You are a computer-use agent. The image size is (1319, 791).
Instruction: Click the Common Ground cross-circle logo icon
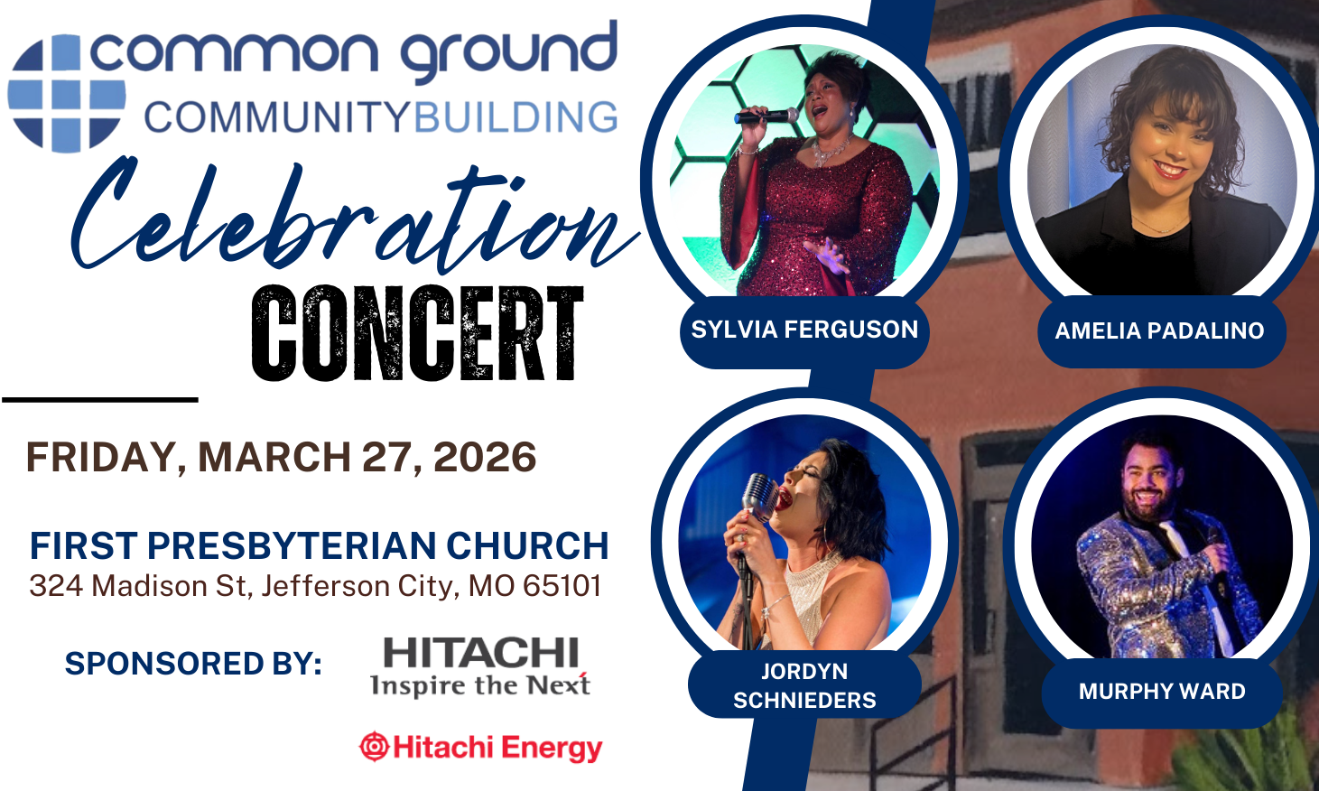coord(67,94)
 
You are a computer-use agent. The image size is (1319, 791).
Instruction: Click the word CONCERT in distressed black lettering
coord(417,333)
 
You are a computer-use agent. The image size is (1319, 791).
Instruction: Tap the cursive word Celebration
coord(353,215)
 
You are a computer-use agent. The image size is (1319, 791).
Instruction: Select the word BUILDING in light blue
coord(516,117)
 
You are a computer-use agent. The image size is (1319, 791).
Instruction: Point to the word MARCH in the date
coord(274,457)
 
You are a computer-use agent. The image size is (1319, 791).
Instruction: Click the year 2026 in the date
coord(485,457)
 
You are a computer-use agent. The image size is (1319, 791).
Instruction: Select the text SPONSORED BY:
coord(193,664)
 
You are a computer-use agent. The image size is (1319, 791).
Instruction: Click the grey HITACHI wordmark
coord(481,653)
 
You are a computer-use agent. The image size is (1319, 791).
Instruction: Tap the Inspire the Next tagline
coord(480,685)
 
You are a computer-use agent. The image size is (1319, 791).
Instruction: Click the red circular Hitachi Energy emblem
coord(374,747)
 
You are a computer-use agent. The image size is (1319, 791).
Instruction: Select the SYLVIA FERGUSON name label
coord(804,330)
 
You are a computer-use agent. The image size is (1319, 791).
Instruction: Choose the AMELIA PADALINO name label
coord(1160,331)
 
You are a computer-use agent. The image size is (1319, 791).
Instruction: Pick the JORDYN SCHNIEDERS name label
coord(804,686)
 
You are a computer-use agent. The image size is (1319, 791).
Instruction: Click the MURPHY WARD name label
coord(1162,692)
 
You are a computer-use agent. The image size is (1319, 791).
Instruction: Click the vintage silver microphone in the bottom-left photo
coord(759,498)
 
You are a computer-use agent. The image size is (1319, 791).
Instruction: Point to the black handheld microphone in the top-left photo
coord(766,116)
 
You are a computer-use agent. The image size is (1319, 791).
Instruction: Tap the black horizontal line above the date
coord(100,400)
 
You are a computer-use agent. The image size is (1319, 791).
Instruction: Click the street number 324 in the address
coord(56,586)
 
